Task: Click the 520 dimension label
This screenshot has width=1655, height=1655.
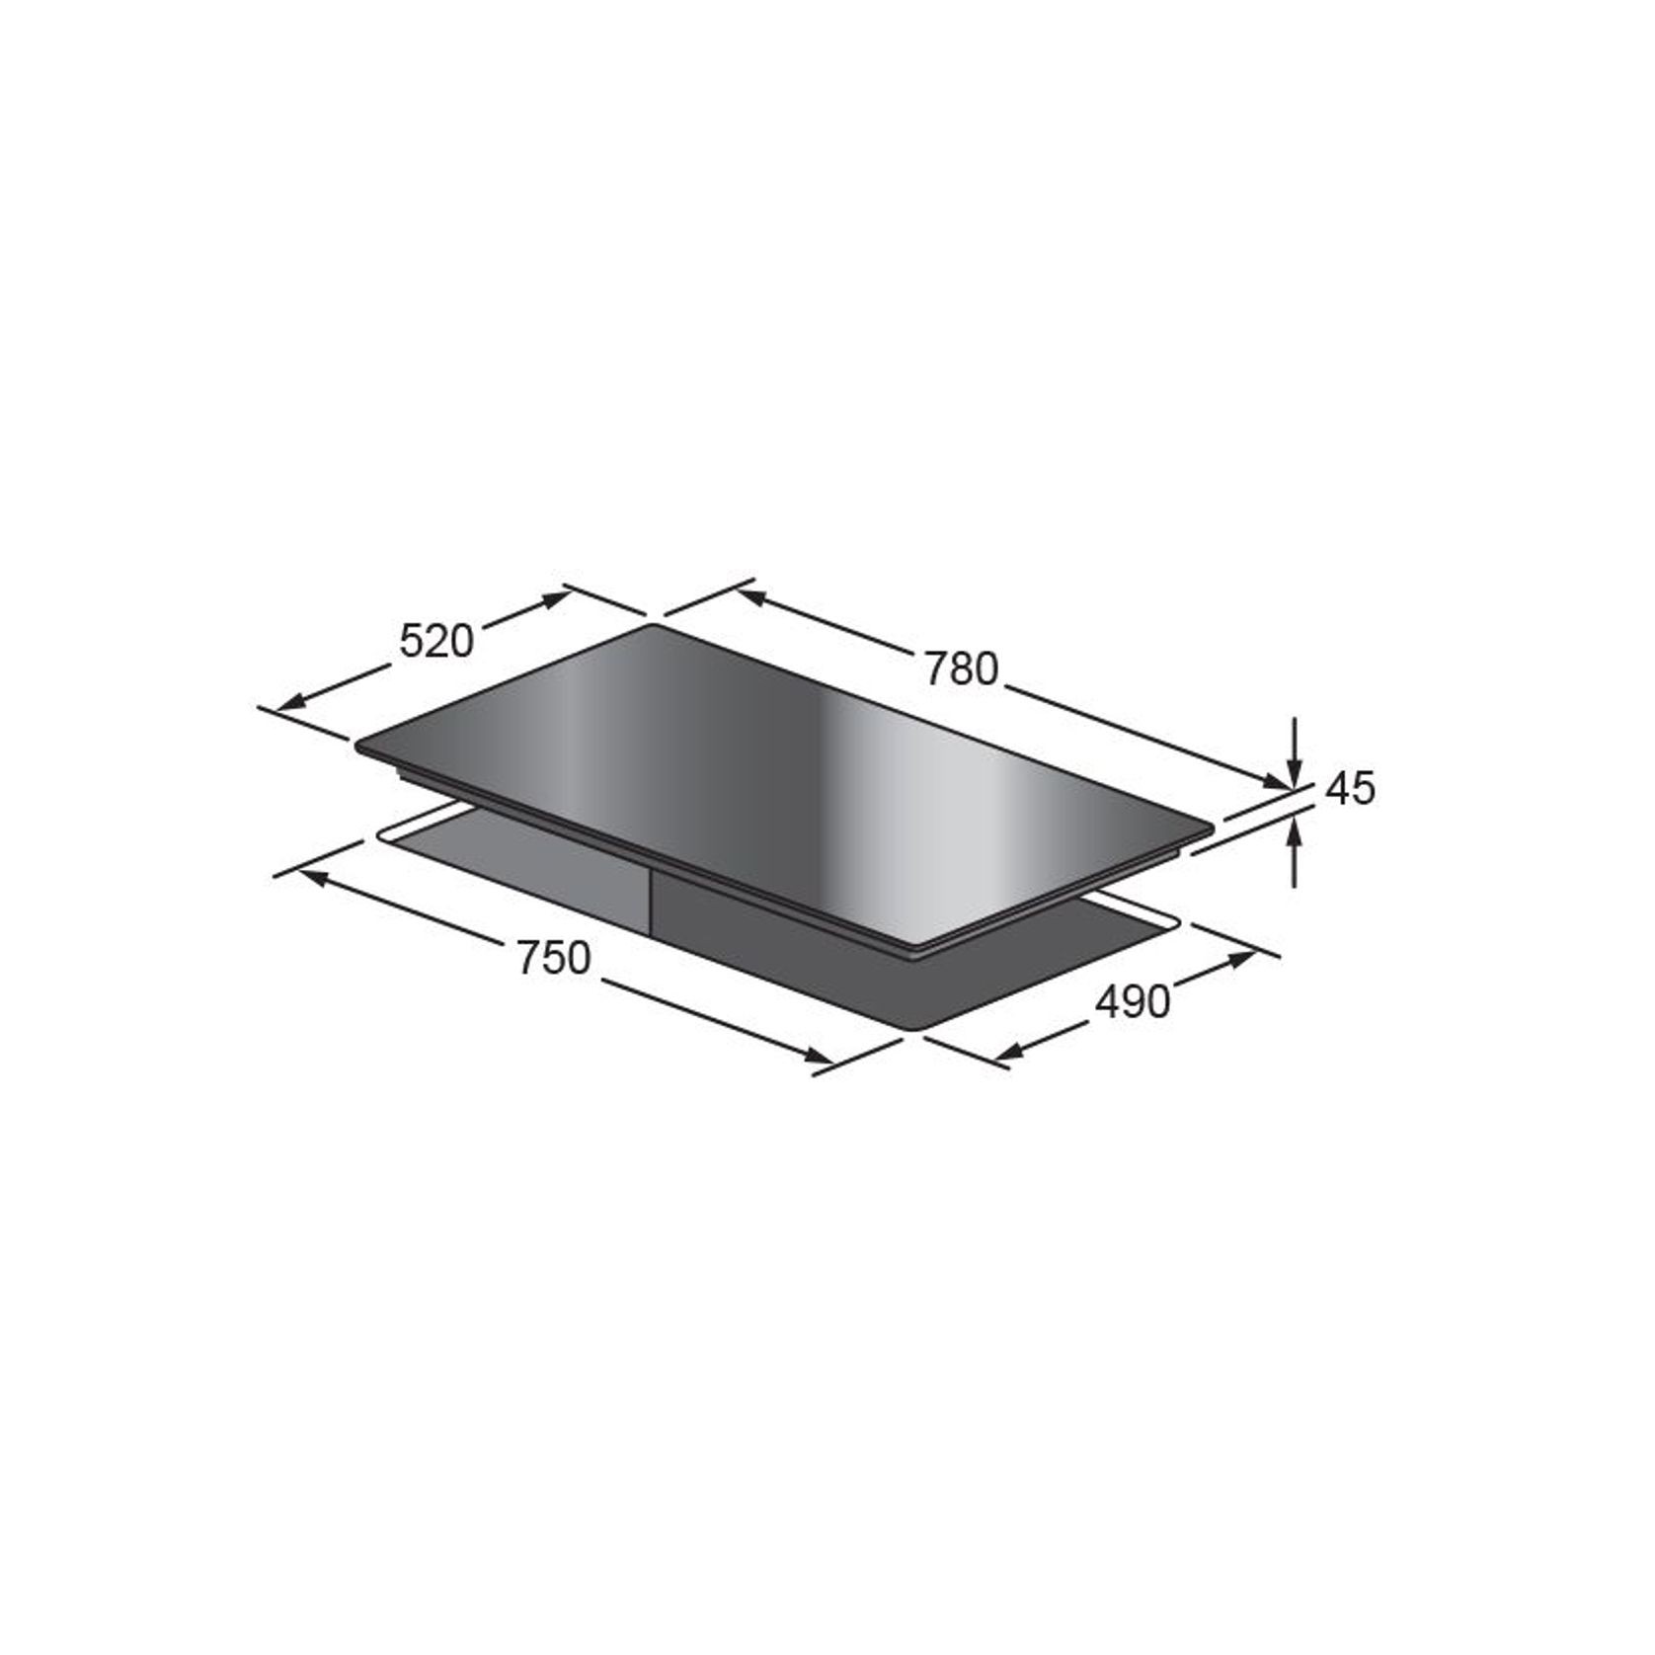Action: [436, 642]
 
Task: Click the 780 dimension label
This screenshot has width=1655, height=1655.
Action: [962, 670]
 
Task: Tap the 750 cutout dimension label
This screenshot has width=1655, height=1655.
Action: [553, 958]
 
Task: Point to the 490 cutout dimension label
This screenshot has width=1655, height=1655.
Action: [1133, 1002]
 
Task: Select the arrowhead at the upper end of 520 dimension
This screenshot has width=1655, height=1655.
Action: [558, 595]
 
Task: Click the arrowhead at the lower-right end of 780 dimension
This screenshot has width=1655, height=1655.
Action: [1278, 785]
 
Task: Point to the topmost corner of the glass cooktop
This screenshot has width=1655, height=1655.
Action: [652, 626]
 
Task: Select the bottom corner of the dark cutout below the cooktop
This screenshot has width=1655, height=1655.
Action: [909, 1031]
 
